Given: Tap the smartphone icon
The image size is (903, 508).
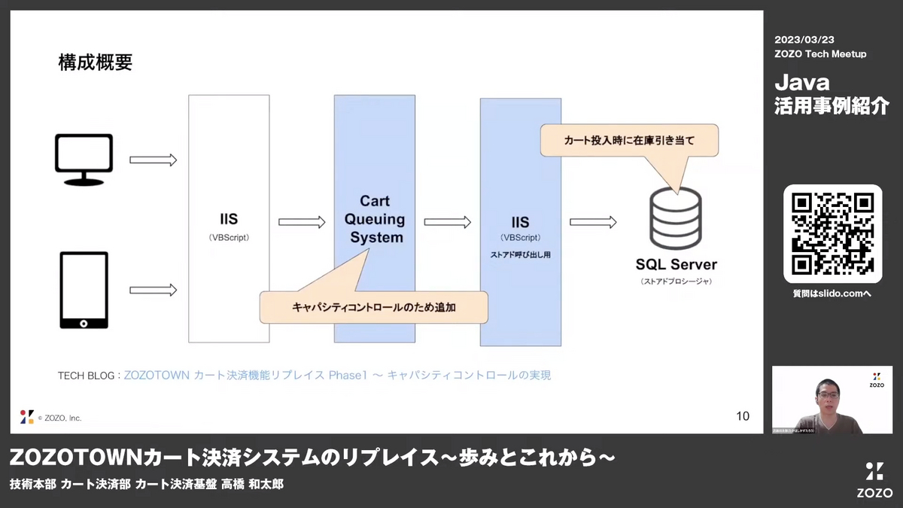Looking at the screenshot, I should (84, 290).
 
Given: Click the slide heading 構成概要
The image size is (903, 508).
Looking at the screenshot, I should (96, 62).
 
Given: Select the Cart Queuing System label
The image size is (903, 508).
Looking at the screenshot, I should (374, 219).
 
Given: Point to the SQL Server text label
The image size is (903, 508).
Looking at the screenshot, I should (676, 265).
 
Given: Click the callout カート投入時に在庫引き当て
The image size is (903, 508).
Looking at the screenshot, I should (629, 140).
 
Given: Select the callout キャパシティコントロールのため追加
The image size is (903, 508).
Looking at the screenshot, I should (373, 307).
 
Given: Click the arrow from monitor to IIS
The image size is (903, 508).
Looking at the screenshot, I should (153, 160).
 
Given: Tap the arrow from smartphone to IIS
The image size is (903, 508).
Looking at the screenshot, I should (153, 290).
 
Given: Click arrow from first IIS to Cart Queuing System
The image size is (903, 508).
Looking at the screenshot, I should (301, 222).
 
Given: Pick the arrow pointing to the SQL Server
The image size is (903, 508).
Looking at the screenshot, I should (593, 222).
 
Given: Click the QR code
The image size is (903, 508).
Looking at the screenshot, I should (832, 233).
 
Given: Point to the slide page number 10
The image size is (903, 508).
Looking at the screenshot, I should (742, 416).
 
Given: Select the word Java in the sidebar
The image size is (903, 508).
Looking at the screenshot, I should (802, 81).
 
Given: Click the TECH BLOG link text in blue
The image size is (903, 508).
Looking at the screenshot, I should (337, 375).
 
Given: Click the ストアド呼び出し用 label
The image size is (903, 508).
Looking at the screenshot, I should (520, 255).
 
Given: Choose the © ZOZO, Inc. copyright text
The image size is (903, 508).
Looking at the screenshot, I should (59, 418).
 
